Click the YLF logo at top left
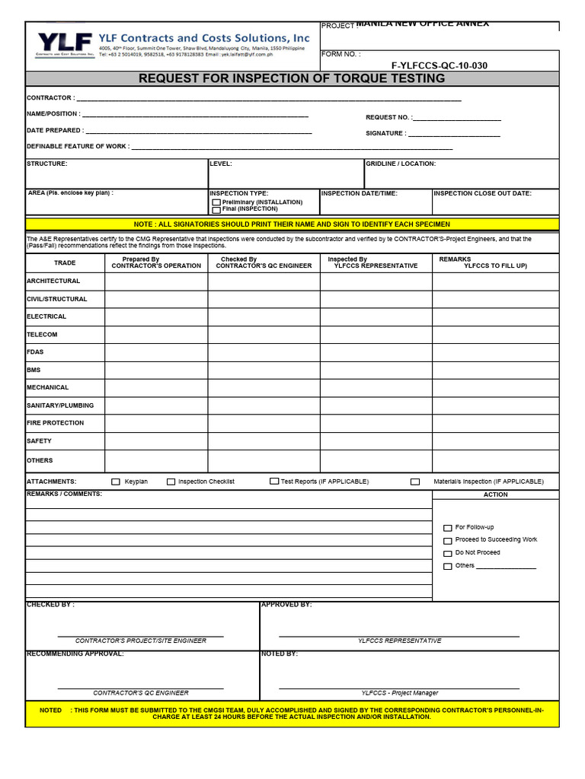[x=65, y=43]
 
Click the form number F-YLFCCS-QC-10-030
[x=439, y=65]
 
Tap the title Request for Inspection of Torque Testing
[x=292, y=79]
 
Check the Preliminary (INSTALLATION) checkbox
[x=216, y=202]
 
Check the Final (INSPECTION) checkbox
[x=216, y=209]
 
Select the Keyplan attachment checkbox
[x=116, y=482]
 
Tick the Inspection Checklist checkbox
[x=171, y=482]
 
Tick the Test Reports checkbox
[x=274, y=482]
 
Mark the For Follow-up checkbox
[x=447, y=528]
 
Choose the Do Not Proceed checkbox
[x=447, y=553]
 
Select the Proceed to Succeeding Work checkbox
[x=447, y=540]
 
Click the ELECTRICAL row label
[x=46, y=316]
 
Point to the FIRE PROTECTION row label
[x=55, y=423]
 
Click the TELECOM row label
[x=42, y=335]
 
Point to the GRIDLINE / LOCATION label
[x=401, y=164]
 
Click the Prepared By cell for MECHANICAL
[x=156, y=388]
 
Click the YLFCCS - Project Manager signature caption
[x=400, y=693]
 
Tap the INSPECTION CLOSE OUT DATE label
[x=482, y=193]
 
